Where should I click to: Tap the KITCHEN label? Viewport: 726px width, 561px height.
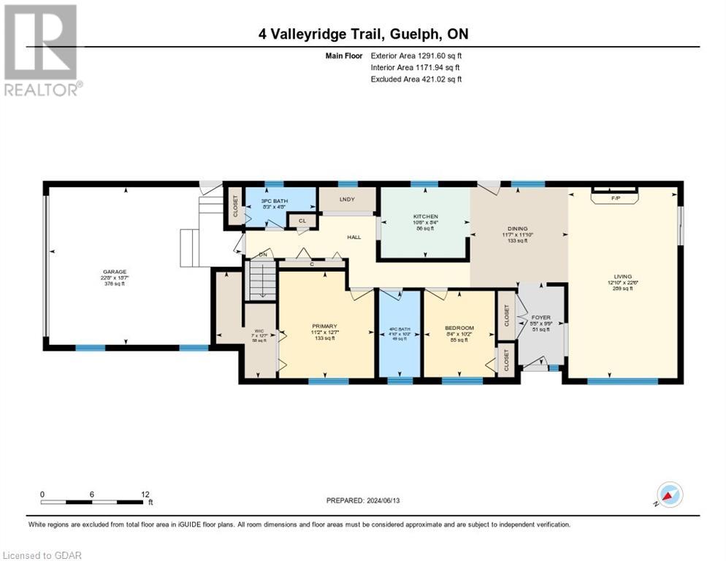coord(425,217)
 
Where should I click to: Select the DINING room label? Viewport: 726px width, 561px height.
coord(517,229)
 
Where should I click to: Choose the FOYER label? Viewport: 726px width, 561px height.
coord(540,317)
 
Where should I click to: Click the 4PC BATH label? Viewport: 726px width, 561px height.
coord(399,329)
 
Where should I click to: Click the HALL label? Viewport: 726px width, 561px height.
coord(354,237)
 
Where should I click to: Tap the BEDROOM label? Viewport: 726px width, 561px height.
coord(459,328)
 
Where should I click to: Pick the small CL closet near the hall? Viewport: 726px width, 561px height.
coord(302,220)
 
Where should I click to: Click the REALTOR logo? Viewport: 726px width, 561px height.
coord(42,50)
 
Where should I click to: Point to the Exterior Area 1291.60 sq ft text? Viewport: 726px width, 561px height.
coord(416,55)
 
